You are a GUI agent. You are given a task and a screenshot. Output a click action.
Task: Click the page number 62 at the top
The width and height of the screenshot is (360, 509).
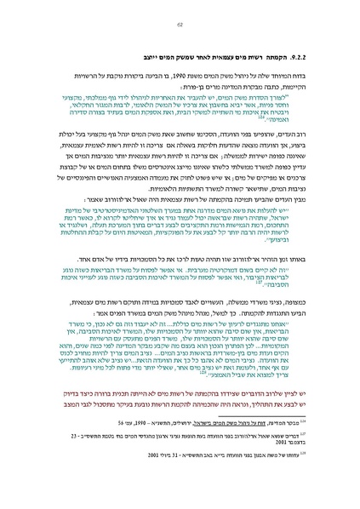click(180, 26)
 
